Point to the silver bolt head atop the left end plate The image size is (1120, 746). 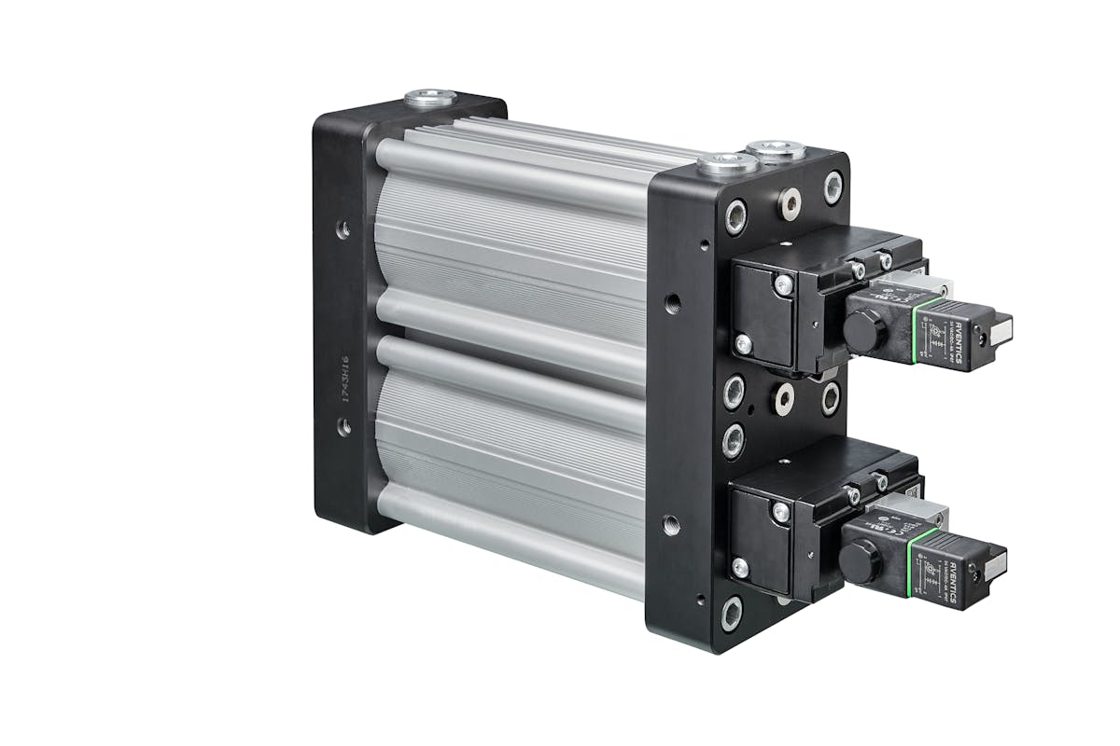[x=430, y=97]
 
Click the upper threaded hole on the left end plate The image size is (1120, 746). [x=344, y=227]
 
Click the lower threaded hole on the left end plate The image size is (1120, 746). [x=344, y=426]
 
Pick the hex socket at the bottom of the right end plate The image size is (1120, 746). [x=732, y=612]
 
